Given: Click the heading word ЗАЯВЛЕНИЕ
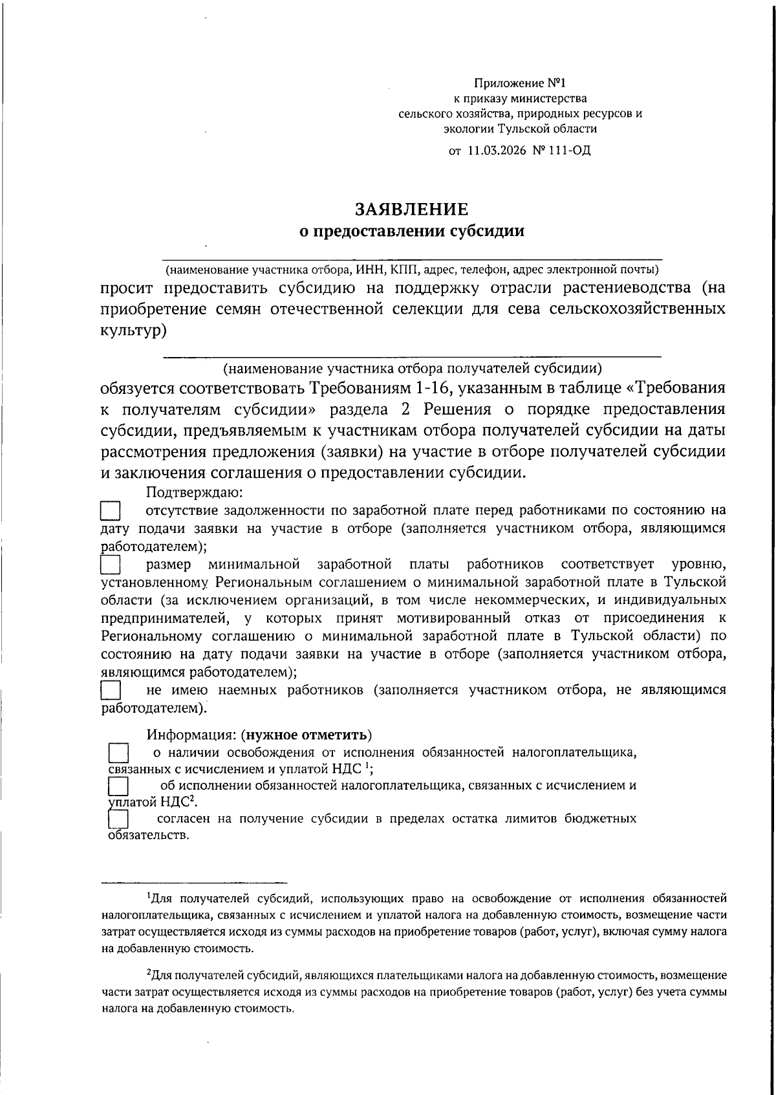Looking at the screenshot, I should pos(411,209).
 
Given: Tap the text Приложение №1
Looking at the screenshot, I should pos(520,83).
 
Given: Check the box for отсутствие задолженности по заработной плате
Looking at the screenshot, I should pos(111,512).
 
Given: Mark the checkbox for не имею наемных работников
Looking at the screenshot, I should pos(111,689).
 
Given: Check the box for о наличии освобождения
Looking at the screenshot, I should pos(118,753).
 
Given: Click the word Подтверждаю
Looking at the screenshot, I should pos(194,492).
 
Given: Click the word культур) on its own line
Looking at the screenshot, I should pos(134,331).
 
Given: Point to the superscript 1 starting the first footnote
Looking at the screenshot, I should pos(149,896).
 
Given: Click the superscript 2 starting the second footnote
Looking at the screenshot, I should pos(149,973).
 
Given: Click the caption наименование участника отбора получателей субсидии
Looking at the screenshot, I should pos(413,369).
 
